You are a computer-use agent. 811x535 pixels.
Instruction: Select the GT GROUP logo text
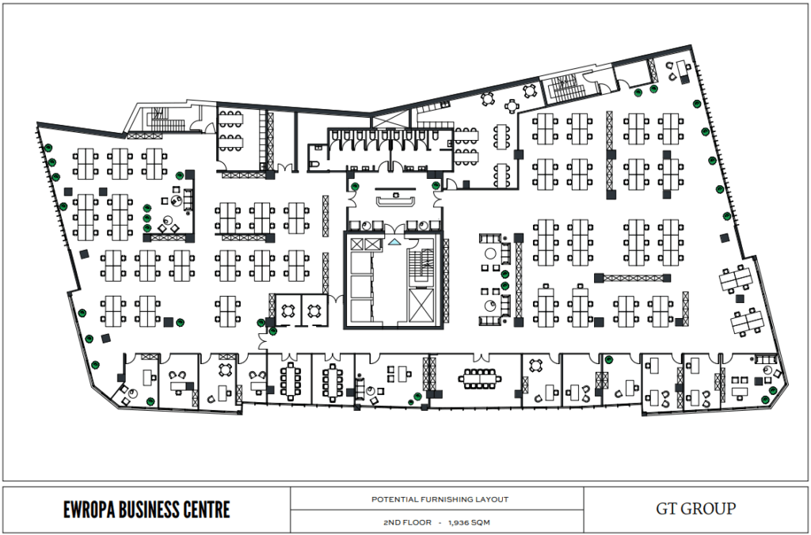click(x=695, y=509)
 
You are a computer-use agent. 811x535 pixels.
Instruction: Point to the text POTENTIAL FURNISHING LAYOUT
click(x=440, y=499)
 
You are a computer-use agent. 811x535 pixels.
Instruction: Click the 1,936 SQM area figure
click(x=470, y=522)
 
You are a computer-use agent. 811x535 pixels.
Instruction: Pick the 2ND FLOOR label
click(x=407, y=522)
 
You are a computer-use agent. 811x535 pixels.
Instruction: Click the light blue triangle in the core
click(x=394, y=241)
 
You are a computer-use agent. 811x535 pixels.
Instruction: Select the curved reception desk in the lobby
click(x=396, y=200)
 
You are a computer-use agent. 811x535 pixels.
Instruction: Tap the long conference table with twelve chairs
click(x=479, y=379)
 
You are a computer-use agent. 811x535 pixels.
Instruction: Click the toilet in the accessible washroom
click(x=316, y=164)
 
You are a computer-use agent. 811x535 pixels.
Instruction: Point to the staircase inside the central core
click(x=421, y=266)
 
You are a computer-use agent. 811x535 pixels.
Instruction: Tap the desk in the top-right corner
click(x=682, y=70)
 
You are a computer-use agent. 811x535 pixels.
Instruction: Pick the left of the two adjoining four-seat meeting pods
click(x=288, y=311)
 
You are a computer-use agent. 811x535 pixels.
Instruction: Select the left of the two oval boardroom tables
click(x=290, y=381)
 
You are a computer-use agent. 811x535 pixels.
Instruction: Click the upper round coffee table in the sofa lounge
click(x=489, y=253)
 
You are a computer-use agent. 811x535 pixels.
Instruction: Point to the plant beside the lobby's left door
click(x=355, y=186)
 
